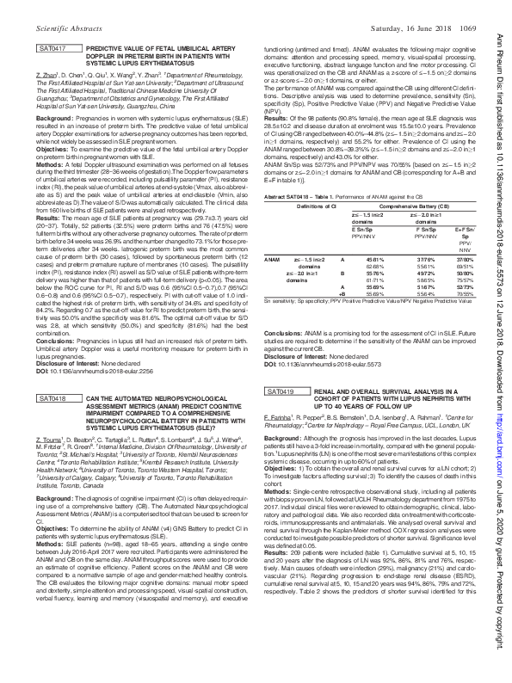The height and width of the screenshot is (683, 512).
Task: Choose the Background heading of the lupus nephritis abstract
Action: (284, 438)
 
